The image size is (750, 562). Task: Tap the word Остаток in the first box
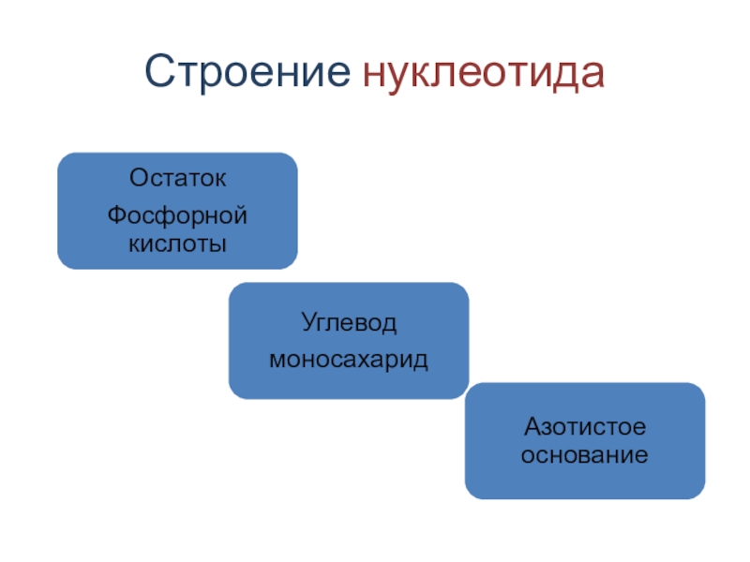pos(177,177)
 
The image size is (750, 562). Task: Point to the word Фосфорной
pos(177,216)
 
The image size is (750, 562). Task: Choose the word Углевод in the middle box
pos(349,324)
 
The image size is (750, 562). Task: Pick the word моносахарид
pos(349,360)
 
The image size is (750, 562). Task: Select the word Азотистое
pos(585,427)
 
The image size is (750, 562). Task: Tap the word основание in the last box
pos(585,455)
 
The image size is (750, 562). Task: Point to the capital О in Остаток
pos(138,177)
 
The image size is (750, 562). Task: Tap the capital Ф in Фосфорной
pos(116,216)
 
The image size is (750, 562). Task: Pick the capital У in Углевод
pos(307,324)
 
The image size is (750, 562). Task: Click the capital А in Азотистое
pos(531,427)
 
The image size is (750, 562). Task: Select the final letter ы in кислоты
pos(221,244)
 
